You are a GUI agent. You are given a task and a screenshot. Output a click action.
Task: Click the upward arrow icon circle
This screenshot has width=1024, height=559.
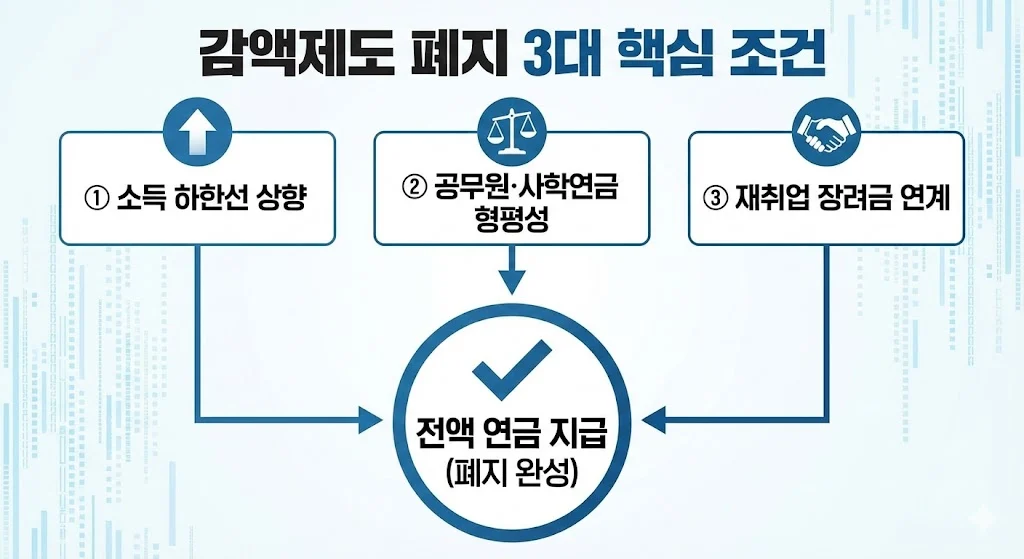[x=196, y=134]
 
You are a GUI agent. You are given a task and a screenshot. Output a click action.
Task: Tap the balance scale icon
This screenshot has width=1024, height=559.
[x=511, y=133]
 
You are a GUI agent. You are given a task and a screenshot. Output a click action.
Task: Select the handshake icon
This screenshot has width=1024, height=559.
[x=827, y=133]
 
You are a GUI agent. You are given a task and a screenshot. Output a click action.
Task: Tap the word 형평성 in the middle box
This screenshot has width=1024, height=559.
[x=511, y=220]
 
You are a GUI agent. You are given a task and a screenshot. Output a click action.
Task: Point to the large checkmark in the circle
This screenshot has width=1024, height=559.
[x=512, y=369]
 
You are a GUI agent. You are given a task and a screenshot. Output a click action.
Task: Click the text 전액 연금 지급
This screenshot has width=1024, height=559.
[x=511, y=436]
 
